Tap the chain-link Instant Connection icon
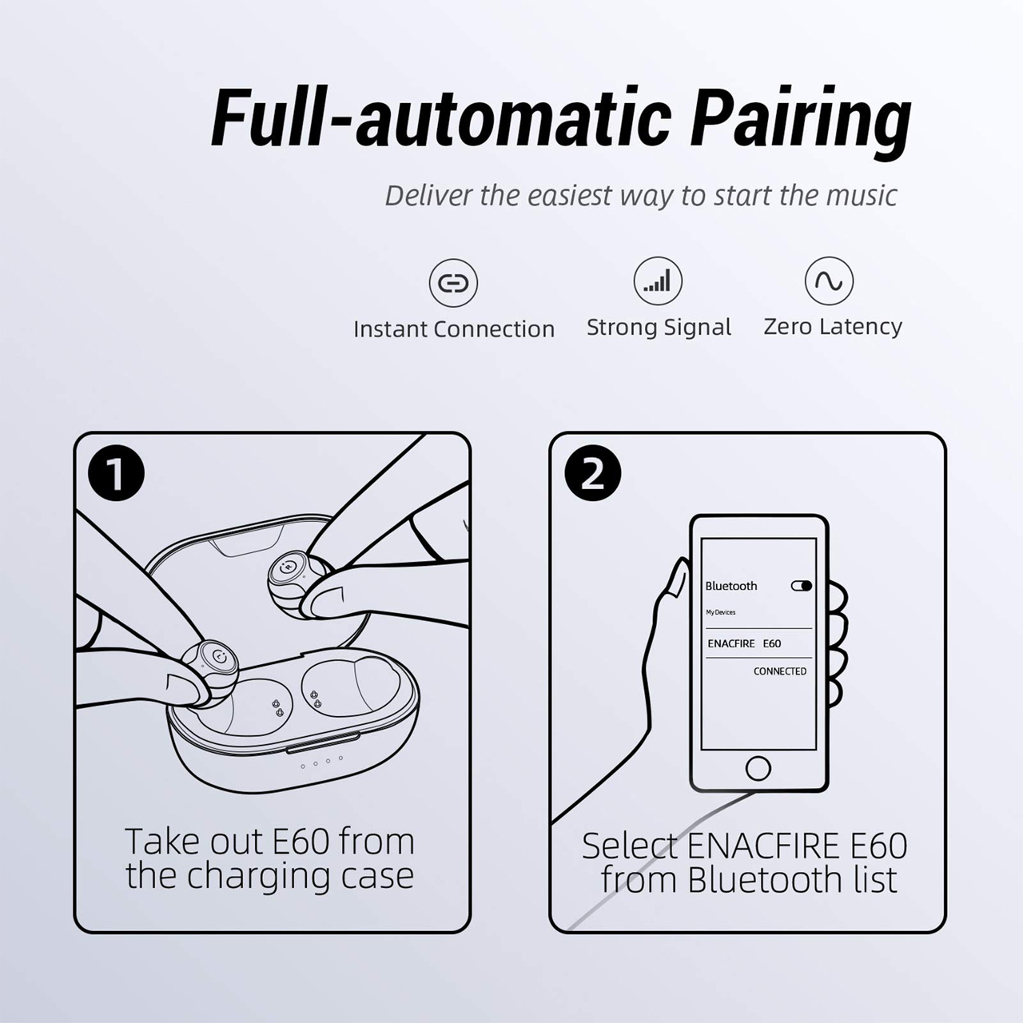click(453, 283)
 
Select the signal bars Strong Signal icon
click(658, 281)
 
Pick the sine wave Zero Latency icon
click(830, 281)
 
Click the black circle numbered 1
click(116, 474)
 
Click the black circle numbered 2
click(592, 474)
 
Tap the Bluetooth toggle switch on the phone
click(802, 586)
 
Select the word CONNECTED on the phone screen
click(780, 671)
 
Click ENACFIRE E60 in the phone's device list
click(744, 643)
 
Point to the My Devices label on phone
click(720, 612)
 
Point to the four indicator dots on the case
click(322, 762)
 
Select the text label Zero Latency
click(833, 326)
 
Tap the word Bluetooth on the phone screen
click(731, 586)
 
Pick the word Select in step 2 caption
click(630, 846)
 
